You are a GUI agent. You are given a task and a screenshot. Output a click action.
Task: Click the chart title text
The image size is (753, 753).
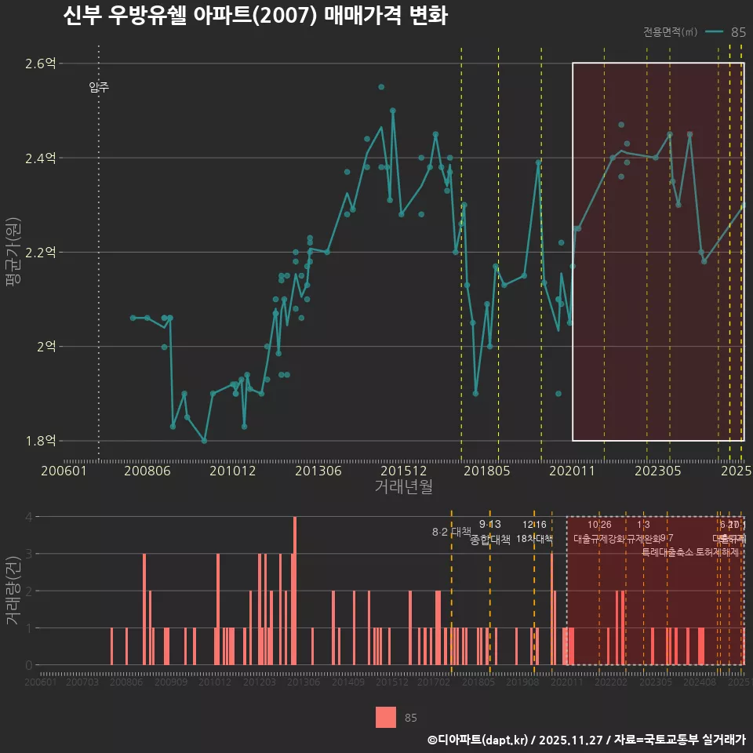(x=255, y=16)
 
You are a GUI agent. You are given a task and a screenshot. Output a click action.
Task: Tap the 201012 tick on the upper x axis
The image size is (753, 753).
(x=231, y=471)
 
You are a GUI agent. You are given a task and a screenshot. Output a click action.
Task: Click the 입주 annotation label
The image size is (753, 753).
(x=99, y=87)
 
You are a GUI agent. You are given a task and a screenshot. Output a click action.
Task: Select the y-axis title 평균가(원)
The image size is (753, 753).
(x=13, y=251)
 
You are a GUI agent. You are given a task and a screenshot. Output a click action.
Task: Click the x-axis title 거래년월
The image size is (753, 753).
(x=403, y=487)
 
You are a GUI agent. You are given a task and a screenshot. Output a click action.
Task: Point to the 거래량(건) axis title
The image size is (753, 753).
(x=13, y=591)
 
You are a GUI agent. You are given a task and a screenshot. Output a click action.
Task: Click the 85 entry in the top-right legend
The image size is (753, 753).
(x=737, y=32)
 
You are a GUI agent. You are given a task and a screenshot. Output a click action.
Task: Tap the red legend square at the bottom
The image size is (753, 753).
(x=386, y=717)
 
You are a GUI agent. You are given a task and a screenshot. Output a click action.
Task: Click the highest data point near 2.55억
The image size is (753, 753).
(x=381, y=87)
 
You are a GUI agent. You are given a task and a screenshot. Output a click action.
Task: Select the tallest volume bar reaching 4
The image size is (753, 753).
(x=295, y=590)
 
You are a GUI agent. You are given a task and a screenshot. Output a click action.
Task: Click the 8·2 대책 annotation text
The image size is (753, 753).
(x=451, y=531)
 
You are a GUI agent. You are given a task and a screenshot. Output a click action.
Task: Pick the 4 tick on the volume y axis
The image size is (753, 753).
(x=28, y=517)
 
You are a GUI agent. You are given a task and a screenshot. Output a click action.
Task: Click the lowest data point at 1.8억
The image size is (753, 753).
(x=204, y=441)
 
